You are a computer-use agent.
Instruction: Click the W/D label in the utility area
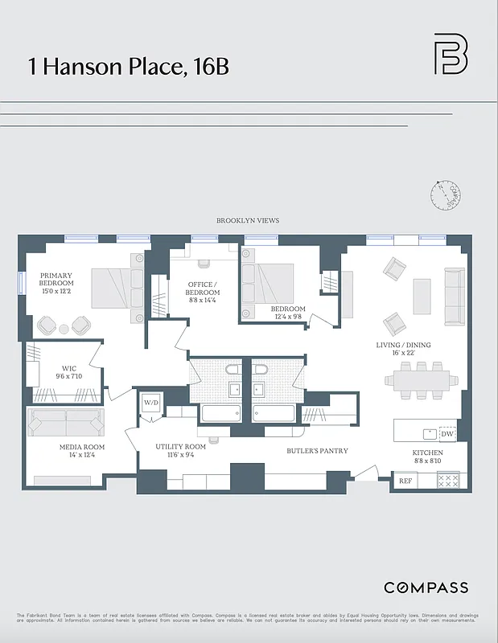click(x=150, y=402)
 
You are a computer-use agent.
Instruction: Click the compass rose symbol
click(x=447, y=195)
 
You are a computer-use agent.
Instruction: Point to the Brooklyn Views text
click(x=249, y=220)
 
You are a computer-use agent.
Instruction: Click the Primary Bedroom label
click(x=56, y=283)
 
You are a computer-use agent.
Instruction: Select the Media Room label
click(x=82, y=452)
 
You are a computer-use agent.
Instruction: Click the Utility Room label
click(x=181, y=451)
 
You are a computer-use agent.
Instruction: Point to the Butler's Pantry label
click(x=317, y=451)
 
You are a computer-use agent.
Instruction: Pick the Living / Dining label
click(x=403, y=350)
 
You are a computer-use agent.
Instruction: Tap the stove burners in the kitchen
click(x=447, y=481)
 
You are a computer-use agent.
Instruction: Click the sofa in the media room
click(x=68, y=420)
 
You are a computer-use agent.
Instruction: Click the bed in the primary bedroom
click(x=112, y=287)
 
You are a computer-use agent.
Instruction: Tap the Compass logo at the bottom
click(x=425, y=588)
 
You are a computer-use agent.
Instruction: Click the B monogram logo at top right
click(x=451, y=55)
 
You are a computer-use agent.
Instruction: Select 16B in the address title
click(x=212, y=66)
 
